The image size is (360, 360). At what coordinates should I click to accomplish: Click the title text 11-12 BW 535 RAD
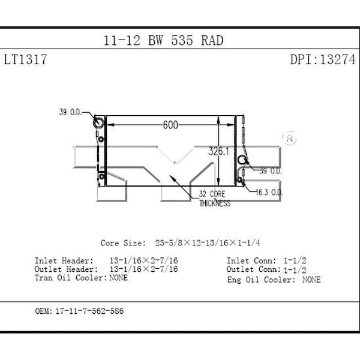[163, 41]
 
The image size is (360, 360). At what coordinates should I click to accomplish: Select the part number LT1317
[25, 59]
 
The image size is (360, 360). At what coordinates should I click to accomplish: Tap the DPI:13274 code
[323, 59]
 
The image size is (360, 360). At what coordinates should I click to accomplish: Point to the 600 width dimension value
[170, 125]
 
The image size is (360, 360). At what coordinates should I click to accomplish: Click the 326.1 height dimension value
[218, 151]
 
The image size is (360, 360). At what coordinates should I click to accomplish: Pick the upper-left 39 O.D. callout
[70, 112]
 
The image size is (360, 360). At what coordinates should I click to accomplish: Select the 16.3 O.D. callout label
[269, 192]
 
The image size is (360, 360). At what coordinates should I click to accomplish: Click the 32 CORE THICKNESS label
[215, 199]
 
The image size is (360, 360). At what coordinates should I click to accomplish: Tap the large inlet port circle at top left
[98, 122]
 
